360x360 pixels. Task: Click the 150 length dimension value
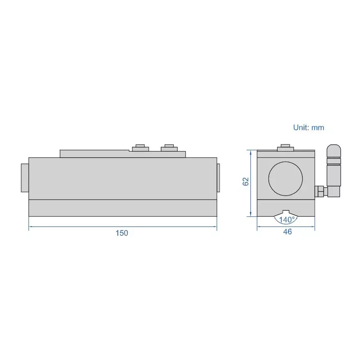point(122,233)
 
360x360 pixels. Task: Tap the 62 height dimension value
point(246,181)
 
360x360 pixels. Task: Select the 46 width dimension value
point(287,232)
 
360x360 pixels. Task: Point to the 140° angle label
point(287,220)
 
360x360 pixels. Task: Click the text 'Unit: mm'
point(308,128)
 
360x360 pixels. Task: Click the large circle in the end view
point(286,179)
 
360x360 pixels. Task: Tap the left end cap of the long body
point(25,178)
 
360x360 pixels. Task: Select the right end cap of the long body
point(218,178)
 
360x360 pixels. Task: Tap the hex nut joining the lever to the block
point(320,192)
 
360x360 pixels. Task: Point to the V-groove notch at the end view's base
point(286,212)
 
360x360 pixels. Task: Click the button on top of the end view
point(286,148)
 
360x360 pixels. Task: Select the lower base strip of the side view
point(122,208)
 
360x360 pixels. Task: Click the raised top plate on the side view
point(94,154)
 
